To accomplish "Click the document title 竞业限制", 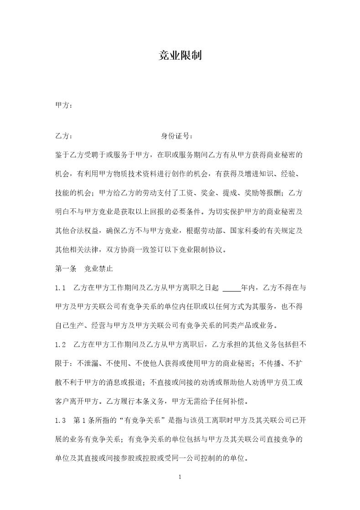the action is pyautogui.click(x=180, y=56).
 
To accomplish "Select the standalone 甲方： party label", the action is pyautogui.click(x=64, y=105).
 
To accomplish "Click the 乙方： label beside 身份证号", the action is pyautogui.click(x=64, y=136).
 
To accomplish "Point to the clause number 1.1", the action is pyautogui.click(x=61, y=288).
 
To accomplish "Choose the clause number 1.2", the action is pyautogui.click(x=61, y=344).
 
